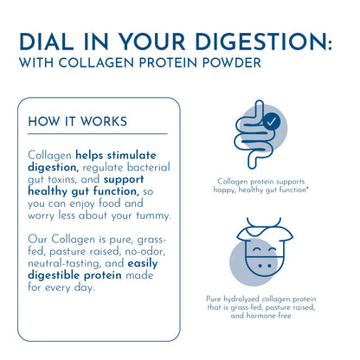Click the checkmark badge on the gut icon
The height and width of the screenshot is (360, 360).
(x=271, y=122)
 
